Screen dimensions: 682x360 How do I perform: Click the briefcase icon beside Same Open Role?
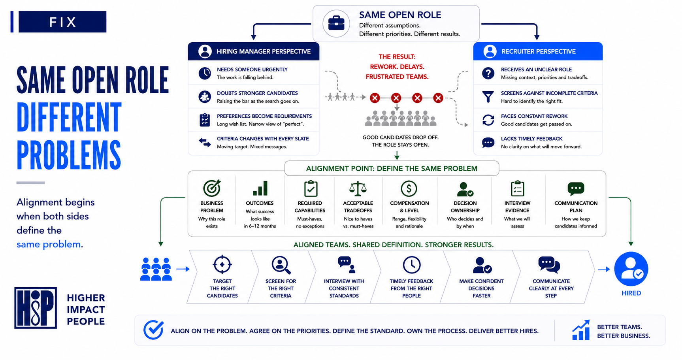(x=336, y=23)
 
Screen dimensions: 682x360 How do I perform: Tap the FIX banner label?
(x=62, y=22)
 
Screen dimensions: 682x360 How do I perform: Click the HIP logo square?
(x=36, y=308)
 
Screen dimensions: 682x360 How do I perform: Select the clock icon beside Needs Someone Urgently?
(x=205, y=73)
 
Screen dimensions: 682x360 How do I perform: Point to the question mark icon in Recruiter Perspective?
(x=488, y=73)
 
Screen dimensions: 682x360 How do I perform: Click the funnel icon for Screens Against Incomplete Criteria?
(x=488, y=97)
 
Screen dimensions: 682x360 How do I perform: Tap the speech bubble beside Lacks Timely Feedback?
(x=488, y=142)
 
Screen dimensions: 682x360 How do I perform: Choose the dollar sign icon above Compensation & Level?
(x=409, y=188)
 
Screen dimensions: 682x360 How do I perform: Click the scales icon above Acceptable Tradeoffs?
(x=358, y=189)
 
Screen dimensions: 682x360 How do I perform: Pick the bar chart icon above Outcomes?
(x=260, y=188)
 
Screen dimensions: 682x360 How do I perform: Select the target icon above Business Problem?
(x=212, y=188)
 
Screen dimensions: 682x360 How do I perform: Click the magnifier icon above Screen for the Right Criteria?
(x=281, y=265)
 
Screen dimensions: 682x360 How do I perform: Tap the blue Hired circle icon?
(x=631, y=269)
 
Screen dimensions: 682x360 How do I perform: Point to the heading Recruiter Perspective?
(x=538, y=51)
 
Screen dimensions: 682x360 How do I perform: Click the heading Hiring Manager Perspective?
(x=264, y=51)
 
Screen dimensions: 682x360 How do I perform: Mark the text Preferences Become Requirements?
(x=264, y=116)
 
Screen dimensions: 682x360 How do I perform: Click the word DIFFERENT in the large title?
(x=69, y=117)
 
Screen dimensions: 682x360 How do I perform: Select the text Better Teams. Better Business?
(x=624, y=331)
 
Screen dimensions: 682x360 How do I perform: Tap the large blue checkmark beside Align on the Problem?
(x=154, y=330)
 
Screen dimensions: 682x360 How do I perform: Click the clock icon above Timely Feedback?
(x=411, y=265)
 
